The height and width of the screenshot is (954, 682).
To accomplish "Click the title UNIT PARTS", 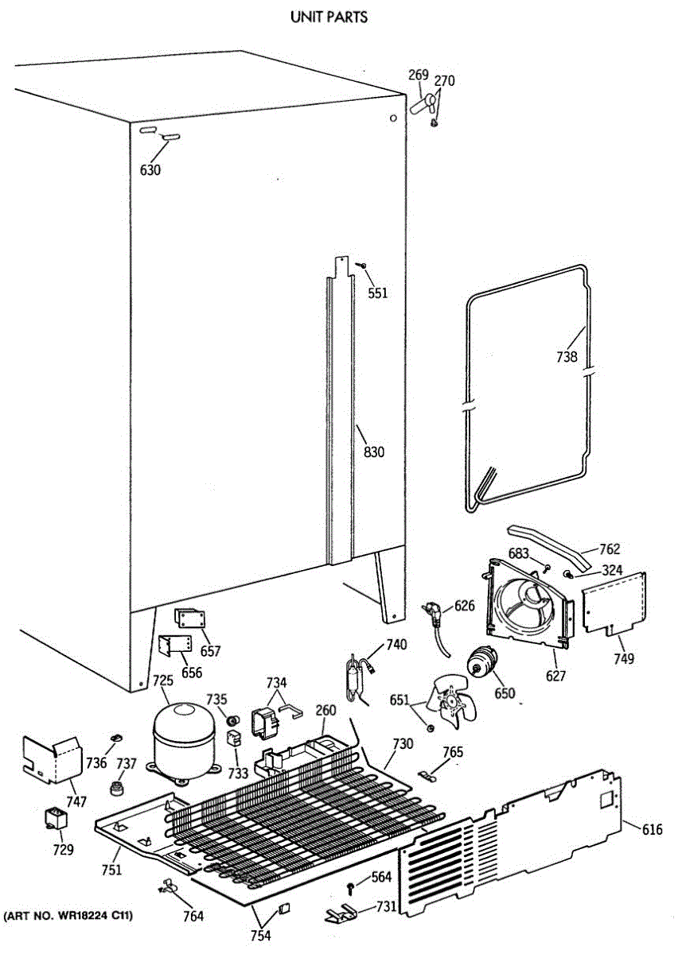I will point(329,16).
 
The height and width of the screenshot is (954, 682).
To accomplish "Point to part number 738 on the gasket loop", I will point(567,357).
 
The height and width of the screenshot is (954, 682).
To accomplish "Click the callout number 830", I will point(373,452).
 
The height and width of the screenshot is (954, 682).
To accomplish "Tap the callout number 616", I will point(652,830).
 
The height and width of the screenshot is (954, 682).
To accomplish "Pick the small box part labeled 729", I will point(55,818).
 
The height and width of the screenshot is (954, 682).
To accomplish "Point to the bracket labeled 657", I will point(190,619).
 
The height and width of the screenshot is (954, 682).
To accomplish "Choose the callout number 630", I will point(150,169).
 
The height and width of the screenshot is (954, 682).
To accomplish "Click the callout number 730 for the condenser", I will point(403,745).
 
